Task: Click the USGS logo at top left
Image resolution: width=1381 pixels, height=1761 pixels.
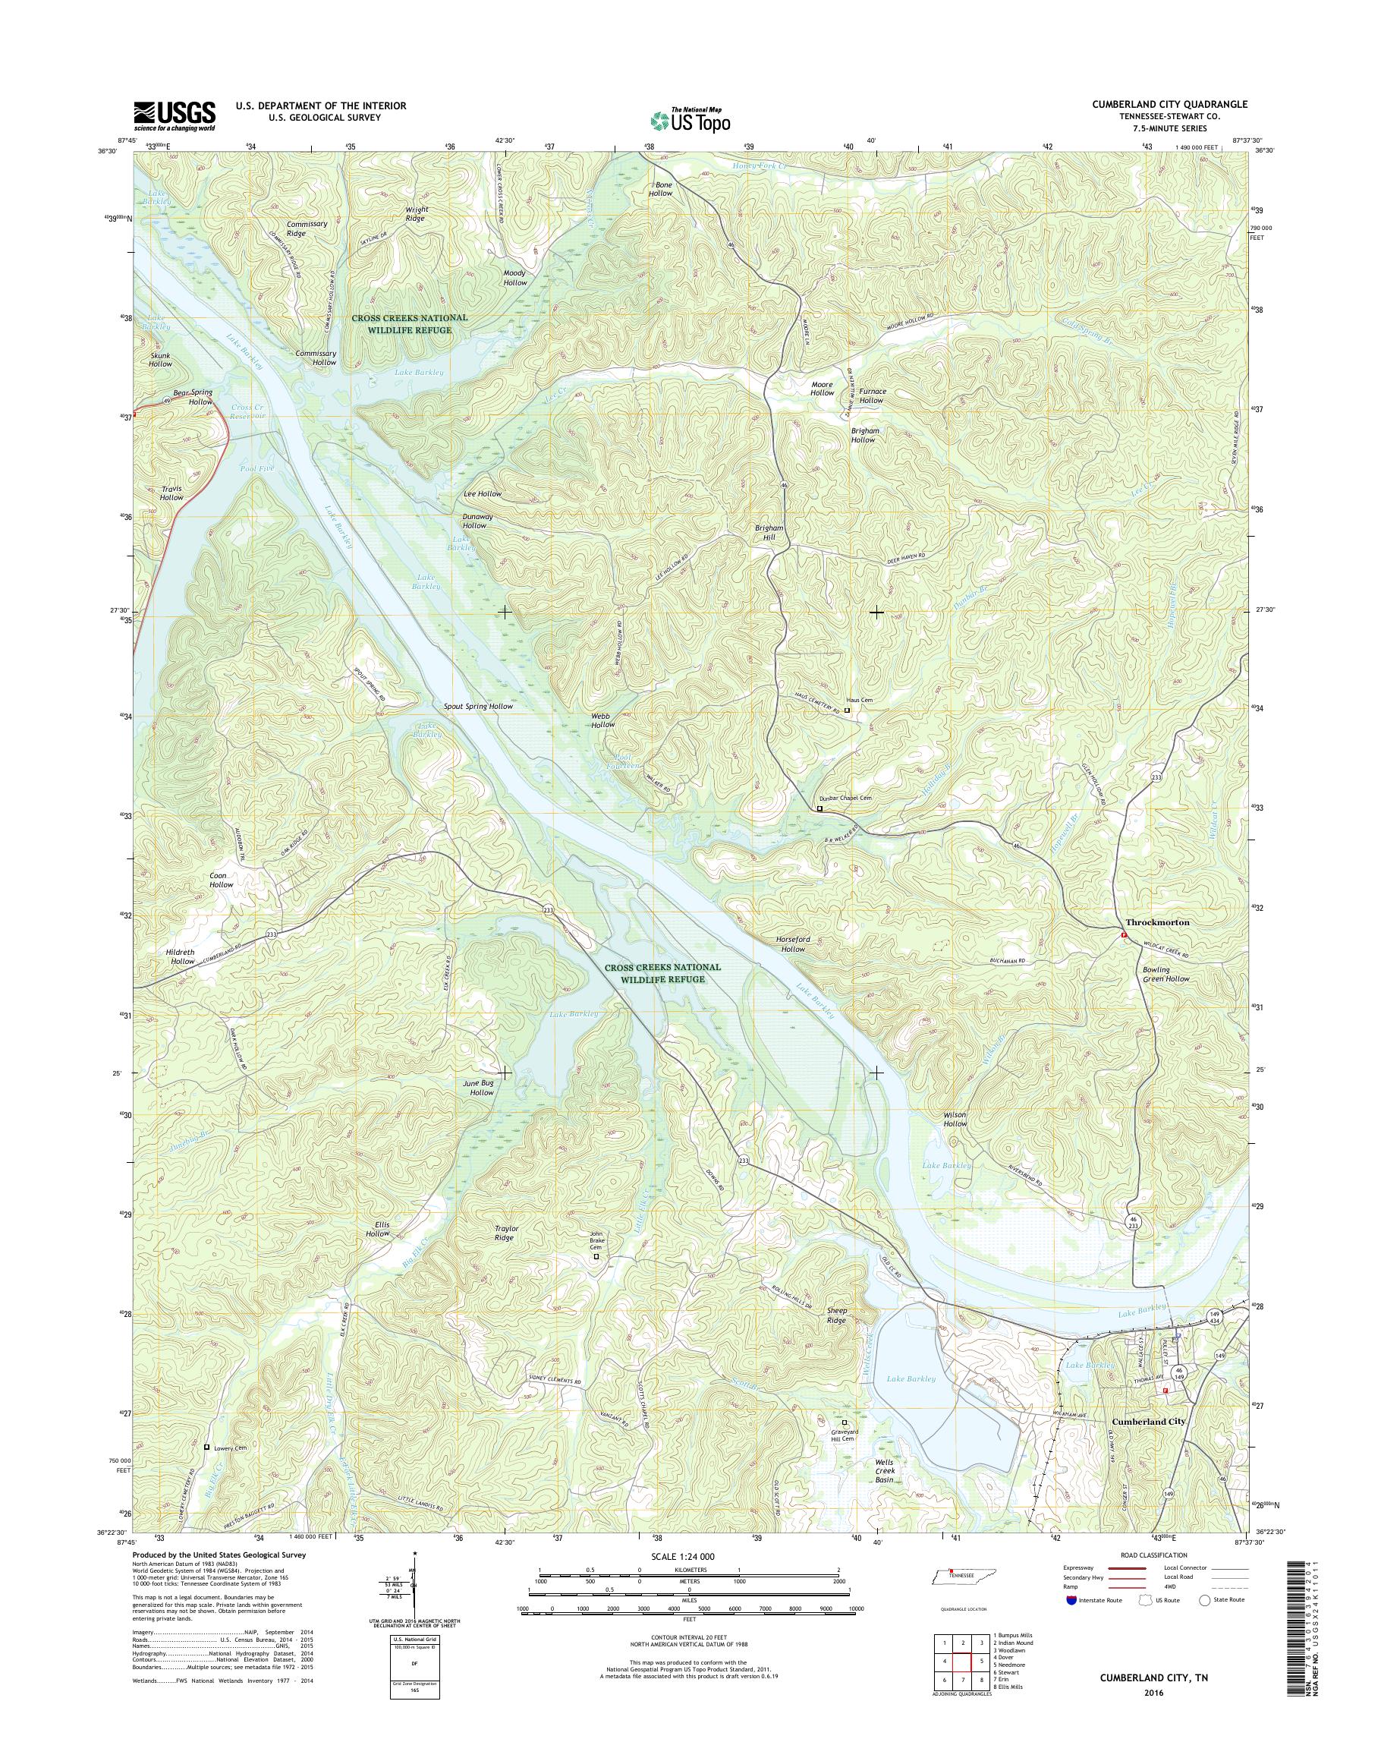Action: point(174,115)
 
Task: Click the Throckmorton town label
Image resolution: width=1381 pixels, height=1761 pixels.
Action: point(1158,921)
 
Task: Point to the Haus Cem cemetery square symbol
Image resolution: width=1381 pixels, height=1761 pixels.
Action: point(848,710)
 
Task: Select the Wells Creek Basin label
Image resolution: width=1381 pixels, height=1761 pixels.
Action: point(885,1473)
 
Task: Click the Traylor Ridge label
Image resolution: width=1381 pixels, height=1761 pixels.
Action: point(505,1233)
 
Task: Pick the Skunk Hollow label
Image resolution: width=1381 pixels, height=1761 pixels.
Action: point(160,360)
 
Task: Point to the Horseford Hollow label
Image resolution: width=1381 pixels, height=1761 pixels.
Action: point(788,944)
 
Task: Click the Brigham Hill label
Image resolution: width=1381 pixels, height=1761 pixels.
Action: point(769,531)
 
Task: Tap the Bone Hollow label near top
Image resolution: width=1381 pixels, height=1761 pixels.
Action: point(660,188)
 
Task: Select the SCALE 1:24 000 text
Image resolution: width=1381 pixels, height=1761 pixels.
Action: point(689,1556)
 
